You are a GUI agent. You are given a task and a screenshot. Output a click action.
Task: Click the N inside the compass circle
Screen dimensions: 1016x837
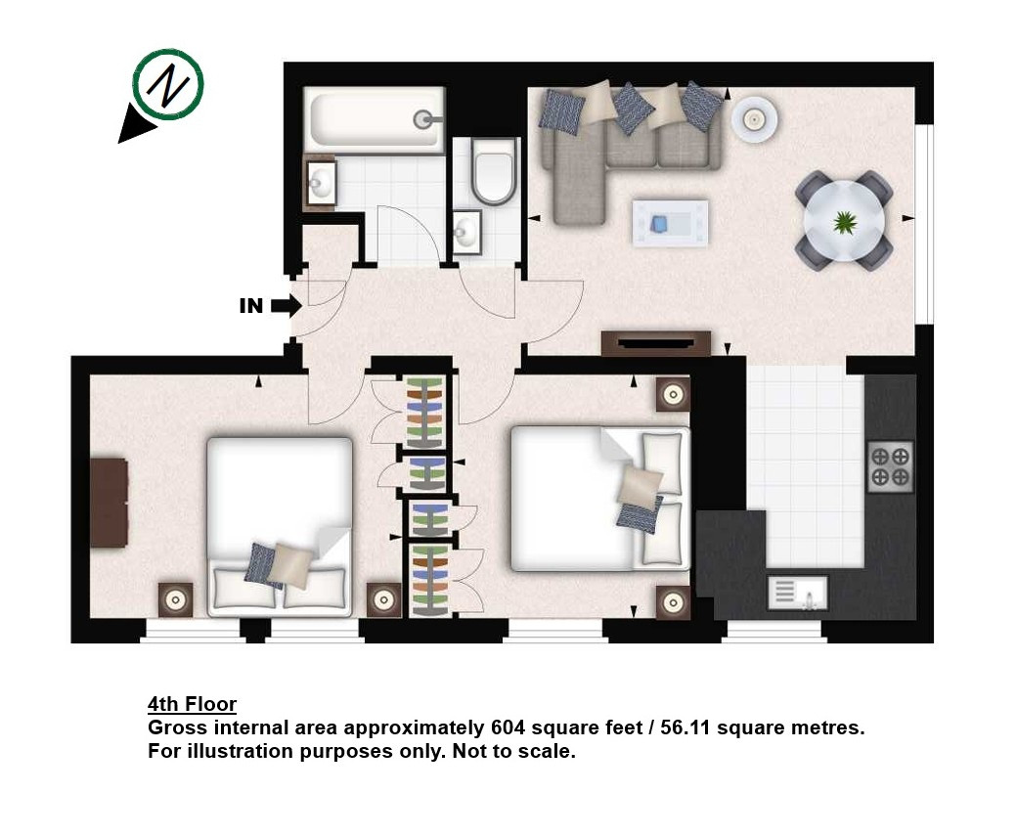(x=168, y=84)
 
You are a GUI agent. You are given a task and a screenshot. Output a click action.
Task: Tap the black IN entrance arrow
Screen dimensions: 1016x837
(x=286, y=306)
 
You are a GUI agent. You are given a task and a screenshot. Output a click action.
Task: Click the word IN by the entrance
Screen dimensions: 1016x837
(x=251, y=306)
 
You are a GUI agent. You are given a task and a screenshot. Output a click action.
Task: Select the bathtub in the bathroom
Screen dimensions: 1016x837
(x=375, y=119)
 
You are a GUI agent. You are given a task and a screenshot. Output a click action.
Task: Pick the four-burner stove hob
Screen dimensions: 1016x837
(x=890, y=466)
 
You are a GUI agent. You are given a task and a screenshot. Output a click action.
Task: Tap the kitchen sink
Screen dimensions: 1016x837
(x=798, y=594)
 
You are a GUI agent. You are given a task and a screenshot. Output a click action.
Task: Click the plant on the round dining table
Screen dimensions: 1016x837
(x=845, y=222)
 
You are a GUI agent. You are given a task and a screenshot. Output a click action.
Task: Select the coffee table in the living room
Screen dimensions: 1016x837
(x=670, y=223)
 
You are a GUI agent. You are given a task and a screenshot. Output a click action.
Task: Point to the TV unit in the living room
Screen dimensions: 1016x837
(x=656, y=343)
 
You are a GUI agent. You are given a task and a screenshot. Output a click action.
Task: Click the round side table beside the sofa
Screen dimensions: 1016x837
(x=754, y=119)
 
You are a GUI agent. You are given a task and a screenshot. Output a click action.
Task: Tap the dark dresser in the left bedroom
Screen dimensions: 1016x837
(x=109, y=503)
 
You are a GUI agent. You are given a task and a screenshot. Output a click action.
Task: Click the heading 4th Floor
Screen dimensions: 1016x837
(x=193, y=704)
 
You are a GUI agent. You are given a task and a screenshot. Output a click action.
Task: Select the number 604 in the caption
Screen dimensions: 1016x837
(x=508, y=727)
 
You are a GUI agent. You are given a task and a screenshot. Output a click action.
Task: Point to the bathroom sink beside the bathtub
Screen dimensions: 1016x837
(x=320, y=183)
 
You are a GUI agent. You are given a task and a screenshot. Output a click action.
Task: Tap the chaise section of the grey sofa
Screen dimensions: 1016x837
(x=579, y=188)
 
